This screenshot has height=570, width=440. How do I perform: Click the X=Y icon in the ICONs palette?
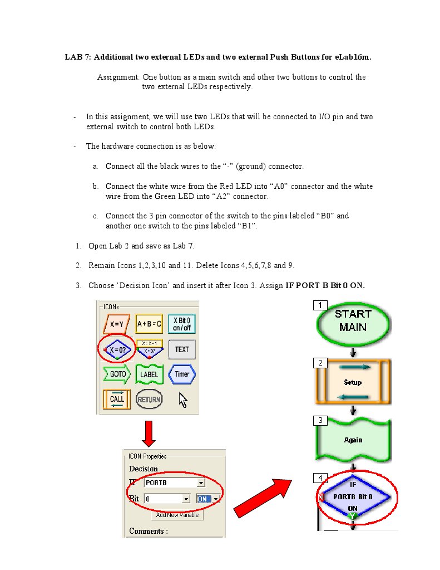[116, 324]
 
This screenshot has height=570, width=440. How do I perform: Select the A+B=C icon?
[149, 324]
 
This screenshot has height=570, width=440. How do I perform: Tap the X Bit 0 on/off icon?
[182, 324]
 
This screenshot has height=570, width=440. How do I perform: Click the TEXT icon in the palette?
[182, 349]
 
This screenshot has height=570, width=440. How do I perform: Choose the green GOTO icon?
[116, 374]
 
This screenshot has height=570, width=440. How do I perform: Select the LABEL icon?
[149, 374]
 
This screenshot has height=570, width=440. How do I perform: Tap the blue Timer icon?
[182, 374]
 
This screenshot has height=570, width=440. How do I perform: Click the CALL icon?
[117, 399]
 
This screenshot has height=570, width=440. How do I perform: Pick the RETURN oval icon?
[149, 399]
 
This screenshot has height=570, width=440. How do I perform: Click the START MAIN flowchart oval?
[353, 321]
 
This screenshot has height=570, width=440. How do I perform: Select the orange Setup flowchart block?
[353, 382]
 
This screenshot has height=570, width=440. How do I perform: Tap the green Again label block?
[353, 440]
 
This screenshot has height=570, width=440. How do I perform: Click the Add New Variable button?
[177, 515]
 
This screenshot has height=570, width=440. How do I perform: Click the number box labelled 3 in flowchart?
[320, 420]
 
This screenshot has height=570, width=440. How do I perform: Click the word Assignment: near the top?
[118, 77]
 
